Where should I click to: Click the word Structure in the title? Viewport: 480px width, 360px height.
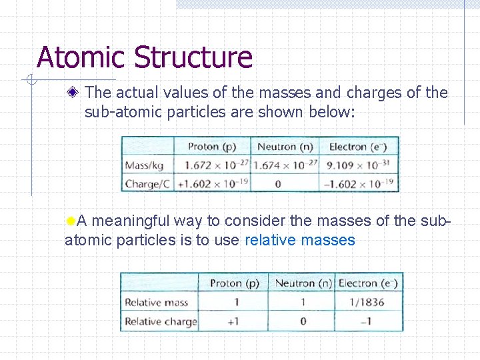(193, 57)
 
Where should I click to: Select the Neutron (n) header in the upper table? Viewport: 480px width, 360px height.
(285, 147)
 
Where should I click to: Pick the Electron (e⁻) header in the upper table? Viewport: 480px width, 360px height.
(361, 147)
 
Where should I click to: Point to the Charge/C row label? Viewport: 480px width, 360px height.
(146, 183)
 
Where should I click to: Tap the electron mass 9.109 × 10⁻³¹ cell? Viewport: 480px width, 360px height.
(361, 165)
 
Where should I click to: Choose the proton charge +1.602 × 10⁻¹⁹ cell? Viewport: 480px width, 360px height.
(212, 183)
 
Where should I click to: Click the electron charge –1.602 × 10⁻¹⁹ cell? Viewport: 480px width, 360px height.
(361, 183)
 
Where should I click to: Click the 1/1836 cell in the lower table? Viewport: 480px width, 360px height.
(369, 302)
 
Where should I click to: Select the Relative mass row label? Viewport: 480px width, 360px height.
(157, 302)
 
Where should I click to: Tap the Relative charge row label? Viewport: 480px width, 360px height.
(160, 321)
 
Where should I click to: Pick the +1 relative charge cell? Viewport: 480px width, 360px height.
(234, 321)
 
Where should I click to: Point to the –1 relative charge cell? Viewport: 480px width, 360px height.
(368, 321)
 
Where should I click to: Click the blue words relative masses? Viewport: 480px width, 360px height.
(300, 240)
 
